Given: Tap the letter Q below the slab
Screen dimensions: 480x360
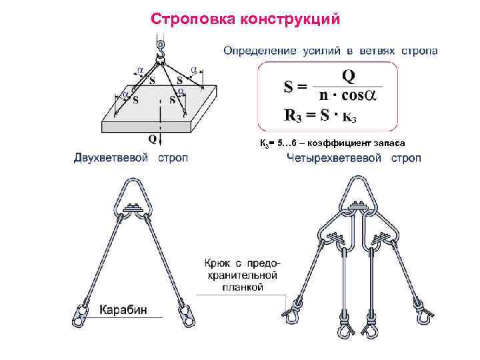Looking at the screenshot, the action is click(153, 140).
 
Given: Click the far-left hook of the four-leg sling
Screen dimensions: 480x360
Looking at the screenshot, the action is click(291, 311).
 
